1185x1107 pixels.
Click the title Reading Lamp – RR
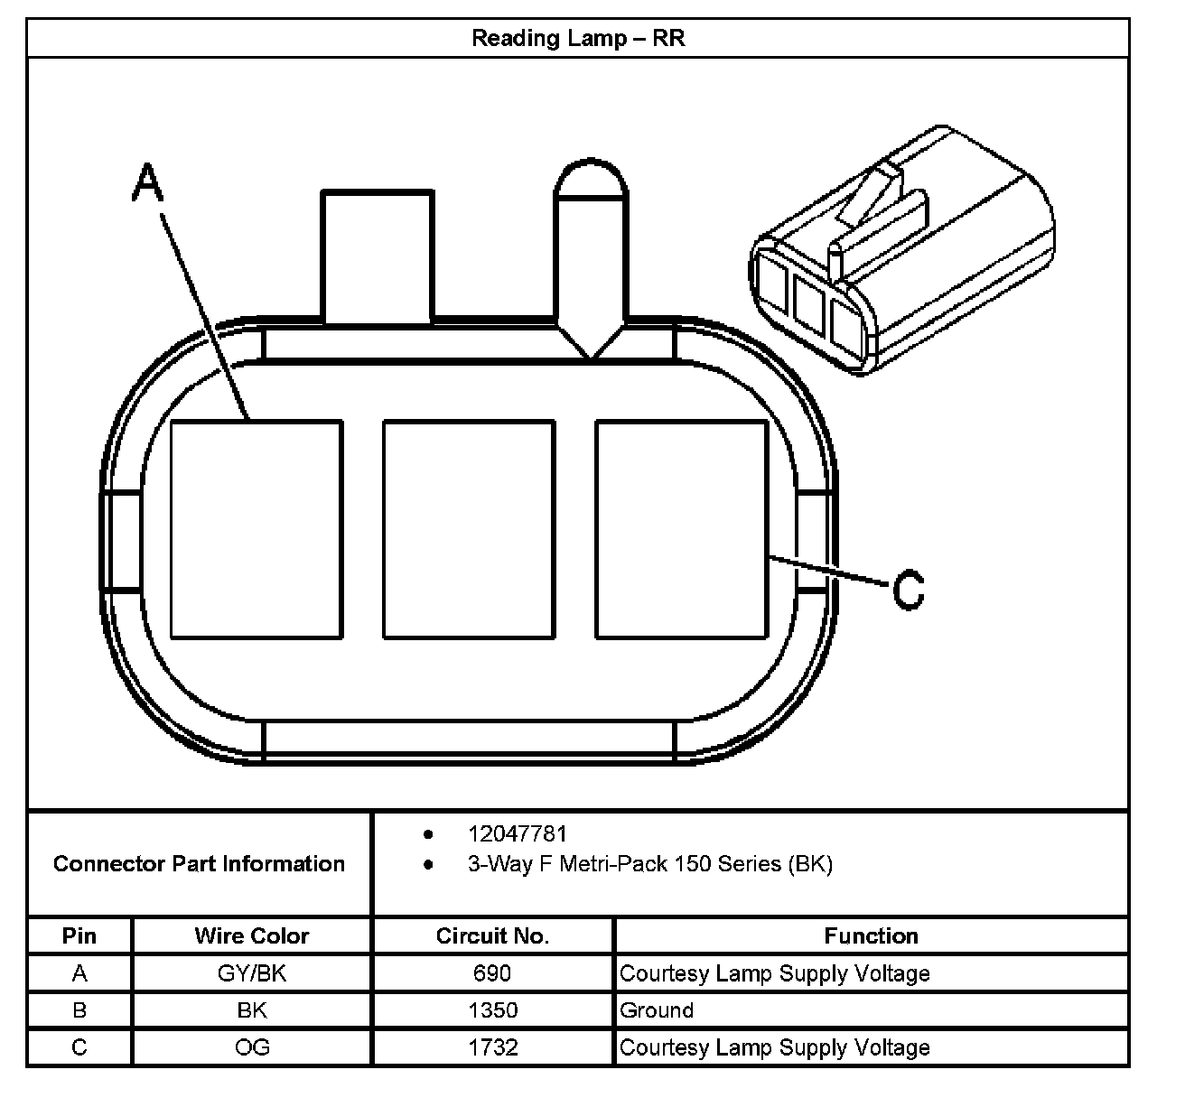pos(578,38)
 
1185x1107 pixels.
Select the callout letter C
pos(909,590)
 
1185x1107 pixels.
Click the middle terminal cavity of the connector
pos(468,529)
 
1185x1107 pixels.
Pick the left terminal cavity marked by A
pos(257,529)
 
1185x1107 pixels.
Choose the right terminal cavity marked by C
pos(681,529)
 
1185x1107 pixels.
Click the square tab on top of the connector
pos(377,256)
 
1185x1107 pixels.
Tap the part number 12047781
pos(517,833)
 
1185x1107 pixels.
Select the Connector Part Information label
pos(199,864)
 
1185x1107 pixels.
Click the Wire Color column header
pos(251,936)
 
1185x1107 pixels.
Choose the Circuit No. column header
pos(492,936)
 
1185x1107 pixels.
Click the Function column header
pos(871,936)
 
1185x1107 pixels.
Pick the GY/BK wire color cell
pos(251,973)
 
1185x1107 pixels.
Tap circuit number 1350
pos(492,1010)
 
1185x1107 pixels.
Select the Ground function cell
pos(657,1010)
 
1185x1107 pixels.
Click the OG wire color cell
pos(251,1047)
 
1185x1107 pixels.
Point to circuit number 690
pos(492,973)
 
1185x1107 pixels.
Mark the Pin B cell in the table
pos(79,1010)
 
